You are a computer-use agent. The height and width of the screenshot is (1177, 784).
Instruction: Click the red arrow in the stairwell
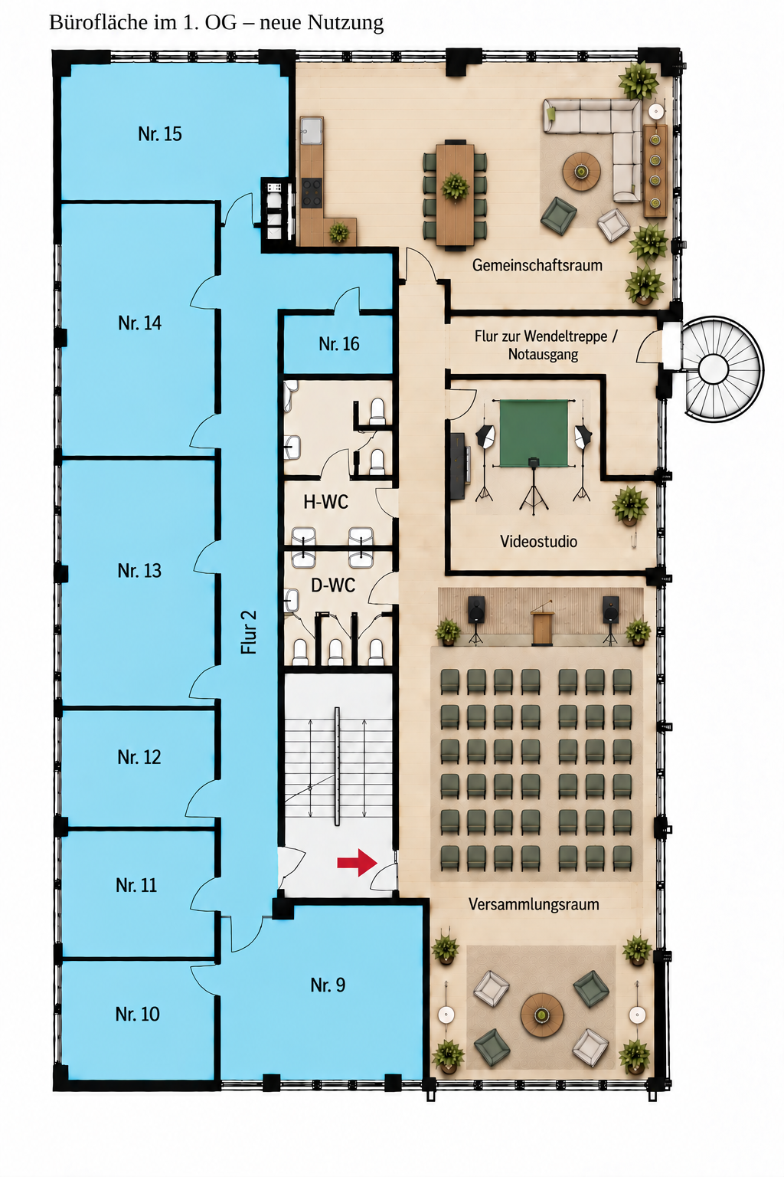tap(357, 862)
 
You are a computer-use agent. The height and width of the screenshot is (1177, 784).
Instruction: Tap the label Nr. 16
tap(338, 344)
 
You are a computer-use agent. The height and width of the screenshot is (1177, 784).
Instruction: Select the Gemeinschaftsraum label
tap(537, 265)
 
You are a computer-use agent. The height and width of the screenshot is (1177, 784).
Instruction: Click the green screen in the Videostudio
tap(534, 434)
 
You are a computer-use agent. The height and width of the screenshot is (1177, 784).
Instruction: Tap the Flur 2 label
tap(248, 632)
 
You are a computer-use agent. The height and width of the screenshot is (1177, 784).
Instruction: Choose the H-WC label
tap(325, 502)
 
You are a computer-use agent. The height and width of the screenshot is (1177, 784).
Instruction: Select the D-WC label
tap(333, 585)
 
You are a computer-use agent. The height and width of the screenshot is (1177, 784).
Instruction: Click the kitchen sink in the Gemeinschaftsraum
tap(312, 130)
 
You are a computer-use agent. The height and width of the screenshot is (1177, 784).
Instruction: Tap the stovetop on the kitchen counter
tap(312, 193)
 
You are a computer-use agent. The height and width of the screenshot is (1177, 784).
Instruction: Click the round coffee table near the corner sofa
tap(581, 171)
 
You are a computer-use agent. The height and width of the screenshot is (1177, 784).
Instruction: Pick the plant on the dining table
tap(455, 186)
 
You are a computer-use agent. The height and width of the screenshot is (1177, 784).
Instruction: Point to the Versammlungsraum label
tap(534, 904)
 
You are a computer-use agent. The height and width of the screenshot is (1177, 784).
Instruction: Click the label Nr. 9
tap(328, 985)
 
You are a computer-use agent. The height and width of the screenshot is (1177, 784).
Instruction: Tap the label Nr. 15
tap(160, 134)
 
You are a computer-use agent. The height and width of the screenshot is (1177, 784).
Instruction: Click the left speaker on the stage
tap(476, 609)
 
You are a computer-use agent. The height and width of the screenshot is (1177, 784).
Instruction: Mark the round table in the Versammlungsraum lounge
tap(542, 1015)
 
